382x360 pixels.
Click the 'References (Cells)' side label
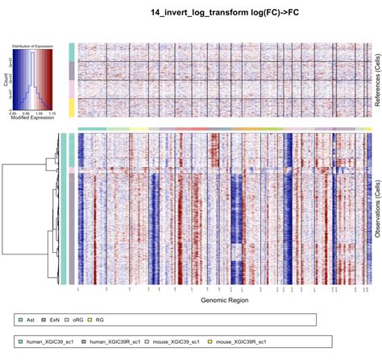(x=376, y=79)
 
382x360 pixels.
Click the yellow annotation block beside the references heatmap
(x=72, y=107)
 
